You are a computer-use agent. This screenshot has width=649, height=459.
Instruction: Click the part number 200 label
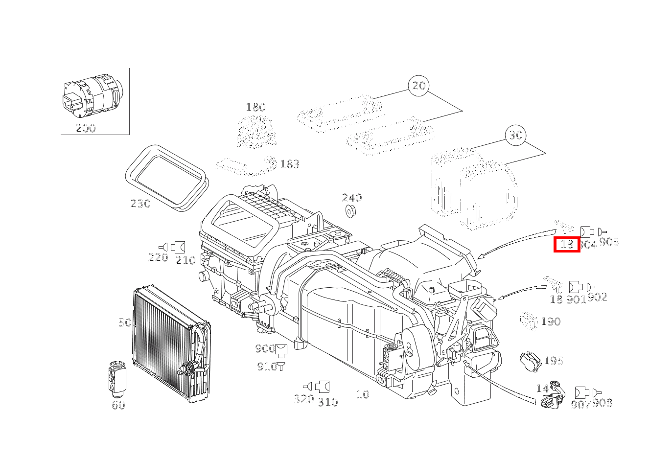click(86, 128)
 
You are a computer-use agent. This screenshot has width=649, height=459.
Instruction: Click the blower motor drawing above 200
click(93, 95)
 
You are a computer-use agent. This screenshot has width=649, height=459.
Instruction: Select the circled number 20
click(419, 86)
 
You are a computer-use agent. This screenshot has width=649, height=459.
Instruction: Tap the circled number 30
click(516, 135)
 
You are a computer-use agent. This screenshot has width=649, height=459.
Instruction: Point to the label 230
click(140, 204)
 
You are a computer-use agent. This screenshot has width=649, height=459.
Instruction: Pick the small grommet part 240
click(350, 212)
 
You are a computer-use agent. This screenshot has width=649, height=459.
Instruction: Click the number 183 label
click(289, 164)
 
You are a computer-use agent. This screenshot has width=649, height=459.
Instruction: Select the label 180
click(255, 107)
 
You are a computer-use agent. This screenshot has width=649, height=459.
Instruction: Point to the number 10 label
click(363, 394)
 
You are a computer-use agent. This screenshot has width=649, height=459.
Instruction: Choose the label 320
click(303, 399)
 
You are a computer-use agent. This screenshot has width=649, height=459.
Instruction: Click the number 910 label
click(267, 367)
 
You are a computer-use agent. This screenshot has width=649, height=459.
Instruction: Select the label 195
click(554, 361)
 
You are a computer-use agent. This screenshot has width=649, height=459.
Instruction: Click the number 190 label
click(551, 322)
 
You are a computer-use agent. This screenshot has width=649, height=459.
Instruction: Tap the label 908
click(603, 403)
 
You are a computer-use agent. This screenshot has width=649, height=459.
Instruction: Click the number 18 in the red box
click(567, 244)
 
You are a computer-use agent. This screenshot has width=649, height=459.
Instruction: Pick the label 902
click(597, 298)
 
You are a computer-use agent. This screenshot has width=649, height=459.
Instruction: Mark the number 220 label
click(158, 257)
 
